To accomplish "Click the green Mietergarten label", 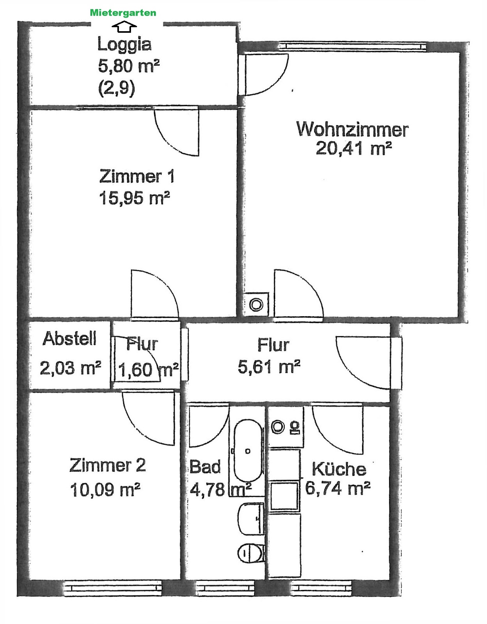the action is [123, 12].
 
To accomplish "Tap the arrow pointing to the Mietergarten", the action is [124, 27].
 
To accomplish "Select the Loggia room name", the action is [124, 44].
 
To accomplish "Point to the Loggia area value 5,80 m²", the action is [129, 66].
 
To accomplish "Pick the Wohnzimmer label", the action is [352, 129].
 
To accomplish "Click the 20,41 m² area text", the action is [354, 149].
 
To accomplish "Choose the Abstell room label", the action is [69, 339].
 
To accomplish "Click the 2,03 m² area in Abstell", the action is [70, 368].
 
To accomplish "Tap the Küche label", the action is [339, 469].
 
